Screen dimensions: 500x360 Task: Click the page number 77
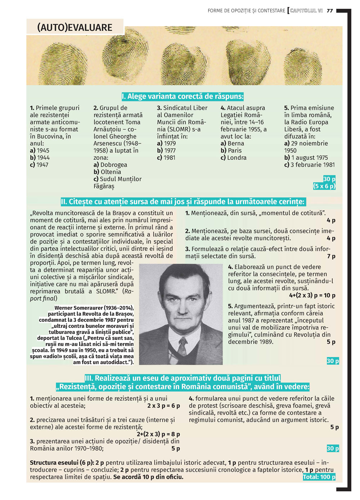tap(330, 11)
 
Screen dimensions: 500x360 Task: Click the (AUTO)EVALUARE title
tap(75, 27)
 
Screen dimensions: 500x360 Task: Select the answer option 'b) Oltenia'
tap(107, 172)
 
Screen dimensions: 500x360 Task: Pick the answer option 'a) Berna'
tap(232, 143)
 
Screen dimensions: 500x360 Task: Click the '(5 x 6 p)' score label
tap(324, 186)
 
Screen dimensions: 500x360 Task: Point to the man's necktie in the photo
tap(183, 346)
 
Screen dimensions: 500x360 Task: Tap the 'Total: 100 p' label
tap(319, 477)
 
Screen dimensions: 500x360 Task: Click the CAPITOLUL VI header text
tap(306, 11)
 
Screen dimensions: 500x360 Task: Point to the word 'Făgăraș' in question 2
tap(104, 186)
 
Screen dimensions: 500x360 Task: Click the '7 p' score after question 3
tap(331, 256)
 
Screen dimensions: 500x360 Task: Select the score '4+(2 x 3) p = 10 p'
tap(312, 295)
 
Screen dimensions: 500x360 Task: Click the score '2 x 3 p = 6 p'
tap(163, 406)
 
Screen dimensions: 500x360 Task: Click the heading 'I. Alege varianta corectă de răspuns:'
tap(183, 96)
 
